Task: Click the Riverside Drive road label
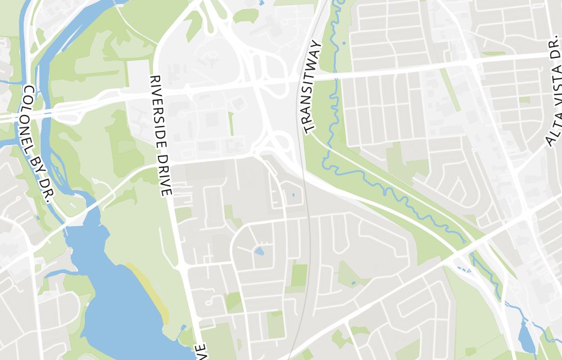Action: pos(160,136)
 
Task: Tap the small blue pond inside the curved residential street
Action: pos(259,250)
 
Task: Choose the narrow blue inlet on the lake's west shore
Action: pos(56,274)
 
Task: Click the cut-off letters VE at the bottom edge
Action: pos(201,352)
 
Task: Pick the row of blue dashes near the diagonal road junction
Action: pos(461,269)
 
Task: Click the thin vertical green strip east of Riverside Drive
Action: pos(230,123)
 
